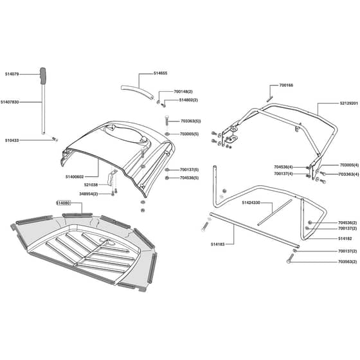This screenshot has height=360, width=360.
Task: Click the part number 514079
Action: (x=12, y=74)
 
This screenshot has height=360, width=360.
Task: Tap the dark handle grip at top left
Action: (x=43, y=76)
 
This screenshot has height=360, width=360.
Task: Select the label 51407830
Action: (x=10, y=102)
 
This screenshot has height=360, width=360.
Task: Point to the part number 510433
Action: (x=12, y=140)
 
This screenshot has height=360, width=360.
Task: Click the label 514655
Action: (x=161, y=73)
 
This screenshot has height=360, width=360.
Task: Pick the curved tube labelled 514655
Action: (x=137, y=91)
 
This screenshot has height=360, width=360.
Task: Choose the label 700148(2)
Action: (x=183, y=91)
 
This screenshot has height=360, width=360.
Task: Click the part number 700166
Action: (x=286, y=85)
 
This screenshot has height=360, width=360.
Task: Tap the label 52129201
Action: (x=349, y=104)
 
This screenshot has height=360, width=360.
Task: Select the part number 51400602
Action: (x=75, y=177)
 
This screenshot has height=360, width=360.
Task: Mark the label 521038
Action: (x=91, y=185)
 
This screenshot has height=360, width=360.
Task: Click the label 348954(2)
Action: (x=89, y=194)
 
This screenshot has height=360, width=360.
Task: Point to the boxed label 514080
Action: (x=64, y=203)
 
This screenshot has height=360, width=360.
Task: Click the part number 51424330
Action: (x=251, y=203)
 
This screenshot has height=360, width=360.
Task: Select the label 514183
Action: (x=218, y=244)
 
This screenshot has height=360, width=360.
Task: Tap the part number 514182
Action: (x=345, y=239)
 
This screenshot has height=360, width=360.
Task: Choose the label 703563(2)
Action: (x=348, y=262)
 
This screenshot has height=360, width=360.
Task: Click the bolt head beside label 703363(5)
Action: (x=167, y=117)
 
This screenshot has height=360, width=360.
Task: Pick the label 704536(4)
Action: (x=283, y=167)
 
